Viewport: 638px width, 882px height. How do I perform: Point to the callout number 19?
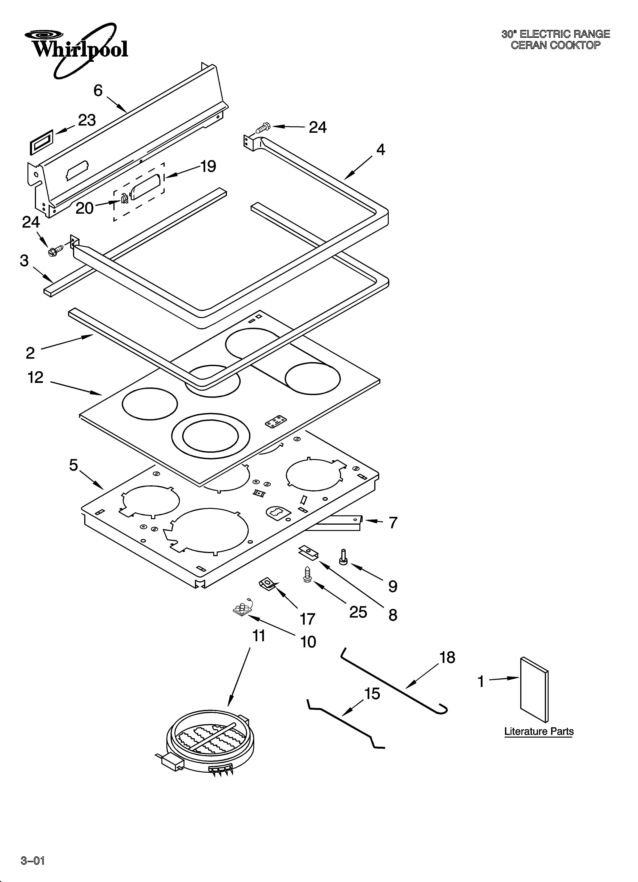208,166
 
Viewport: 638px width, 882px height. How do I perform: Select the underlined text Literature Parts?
539,731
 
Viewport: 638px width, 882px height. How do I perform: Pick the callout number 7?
393,523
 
